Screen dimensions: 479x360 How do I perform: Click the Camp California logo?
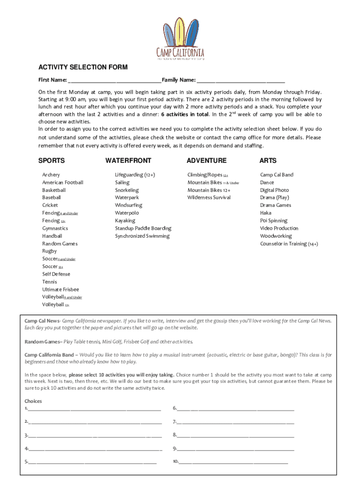pyautogui.click(x=180, y=38)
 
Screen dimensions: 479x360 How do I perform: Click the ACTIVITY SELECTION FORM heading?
pyautogui.click(x=83, y=67)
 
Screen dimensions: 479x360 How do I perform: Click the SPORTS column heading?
pyautogui.click(x=51, y=160)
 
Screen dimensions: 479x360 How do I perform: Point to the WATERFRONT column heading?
pyautogui.click(x=128, y=160)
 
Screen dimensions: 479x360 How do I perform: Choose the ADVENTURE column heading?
pyautogui.click(x=206, y=160)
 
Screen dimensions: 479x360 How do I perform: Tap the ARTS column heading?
pyautogui.click(x=268, y=160)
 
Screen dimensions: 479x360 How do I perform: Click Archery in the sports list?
pyautogui.click(x=51, y=174)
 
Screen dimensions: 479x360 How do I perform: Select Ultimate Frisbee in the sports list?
pyautogui.click(x=61, y=289)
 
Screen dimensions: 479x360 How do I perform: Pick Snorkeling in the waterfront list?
pyautogui.click(x=127, y=190)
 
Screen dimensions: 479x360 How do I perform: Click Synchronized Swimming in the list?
pyautogui.click(x=142, y=236)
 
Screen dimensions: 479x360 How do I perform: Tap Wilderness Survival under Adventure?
pyautogui.click(x=209, y=197)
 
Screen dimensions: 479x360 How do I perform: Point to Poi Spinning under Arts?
pyautogui.click(x=274, y=220)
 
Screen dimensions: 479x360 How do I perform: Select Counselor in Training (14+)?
pyautogui.click(x=289, y=244)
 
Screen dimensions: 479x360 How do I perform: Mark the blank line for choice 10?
pyautogui.click(x=234, y=462)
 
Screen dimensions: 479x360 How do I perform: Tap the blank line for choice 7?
pyautogui.click(x=235, y=422)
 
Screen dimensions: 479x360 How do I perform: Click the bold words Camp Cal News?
pyautogui.click(x=42, y=321)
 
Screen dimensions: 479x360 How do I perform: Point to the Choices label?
pyautogui.click(x=33, y=401)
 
